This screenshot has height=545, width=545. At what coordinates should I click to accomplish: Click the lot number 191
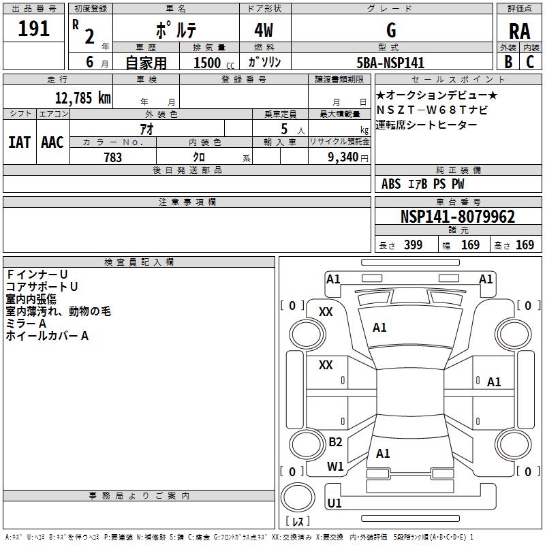point(34,29)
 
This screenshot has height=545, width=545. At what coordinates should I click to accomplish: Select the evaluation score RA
point(519,31)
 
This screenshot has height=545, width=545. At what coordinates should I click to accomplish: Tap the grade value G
point(390,31)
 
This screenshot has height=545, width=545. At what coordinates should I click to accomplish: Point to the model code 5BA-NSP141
point(390,63)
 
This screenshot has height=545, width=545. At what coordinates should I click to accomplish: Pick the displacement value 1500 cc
point(211,63)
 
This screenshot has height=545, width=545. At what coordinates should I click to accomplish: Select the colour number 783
point(112,157)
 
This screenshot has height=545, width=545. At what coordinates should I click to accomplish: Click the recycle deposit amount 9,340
point(343,157)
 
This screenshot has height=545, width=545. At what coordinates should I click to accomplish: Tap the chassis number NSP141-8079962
point(457,217)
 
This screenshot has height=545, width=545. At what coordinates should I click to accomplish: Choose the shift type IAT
point(18,142)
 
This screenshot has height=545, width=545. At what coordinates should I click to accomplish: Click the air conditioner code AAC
point(52,142)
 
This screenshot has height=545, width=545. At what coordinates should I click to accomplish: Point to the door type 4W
point(266,31)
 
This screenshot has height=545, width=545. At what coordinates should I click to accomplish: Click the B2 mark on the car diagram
point(335,442)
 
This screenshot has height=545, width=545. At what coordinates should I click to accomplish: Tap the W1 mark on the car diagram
point(335,467)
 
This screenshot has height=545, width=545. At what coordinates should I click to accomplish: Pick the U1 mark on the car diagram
point(334,503)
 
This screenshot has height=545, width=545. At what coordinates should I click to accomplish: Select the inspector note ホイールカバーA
point(48,336)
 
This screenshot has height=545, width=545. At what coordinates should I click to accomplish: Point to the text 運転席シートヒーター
point(426,125)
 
